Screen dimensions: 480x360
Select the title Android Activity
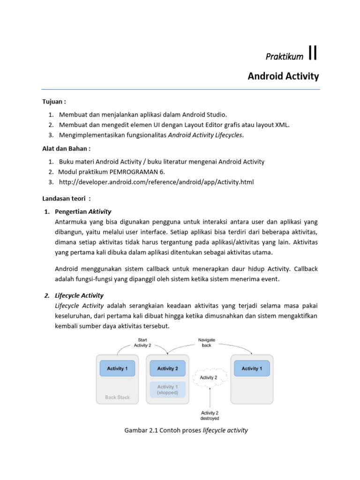[x=283, y=76]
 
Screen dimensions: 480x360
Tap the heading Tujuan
[x=54, y=101]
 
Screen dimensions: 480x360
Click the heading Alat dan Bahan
[x=66, y=149]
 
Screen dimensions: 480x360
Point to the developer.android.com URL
[x=157, y=182]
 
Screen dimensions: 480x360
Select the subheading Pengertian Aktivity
[x=83, y=211]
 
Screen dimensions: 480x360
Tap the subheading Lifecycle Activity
[x=79, y=295]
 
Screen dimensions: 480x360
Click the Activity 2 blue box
[x=168, y=368]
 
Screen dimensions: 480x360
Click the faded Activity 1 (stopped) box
[x=167, y=390]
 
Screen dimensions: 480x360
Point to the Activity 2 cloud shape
[x=209, y=377]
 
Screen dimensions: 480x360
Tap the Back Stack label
[x=117, y=397]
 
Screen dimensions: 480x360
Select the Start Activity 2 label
[x=142, y=342]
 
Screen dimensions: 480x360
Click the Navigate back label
[x=207, y=342]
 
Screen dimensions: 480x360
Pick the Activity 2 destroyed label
[x=210, y=415]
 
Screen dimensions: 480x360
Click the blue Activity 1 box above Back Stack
[x=117, y=368]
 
